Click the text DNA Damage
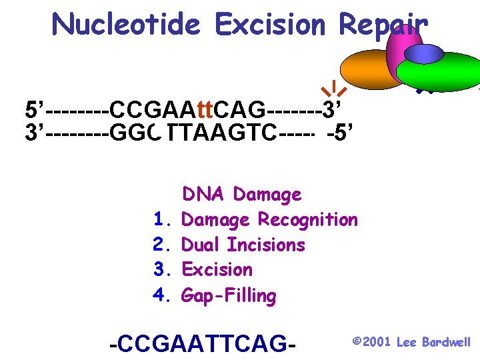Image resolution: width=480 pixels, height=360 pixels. click(241, 195)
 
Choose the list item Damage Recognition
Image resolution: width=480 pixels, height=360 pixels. click(269, 219)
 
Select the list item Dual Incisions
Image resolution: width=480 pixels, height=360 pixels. click(243, 245)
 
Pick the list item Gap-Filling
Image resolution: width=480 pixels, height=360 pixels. click(229, 295)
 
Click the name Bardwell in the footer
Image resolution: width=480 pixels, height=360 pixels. click(446, 342)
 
